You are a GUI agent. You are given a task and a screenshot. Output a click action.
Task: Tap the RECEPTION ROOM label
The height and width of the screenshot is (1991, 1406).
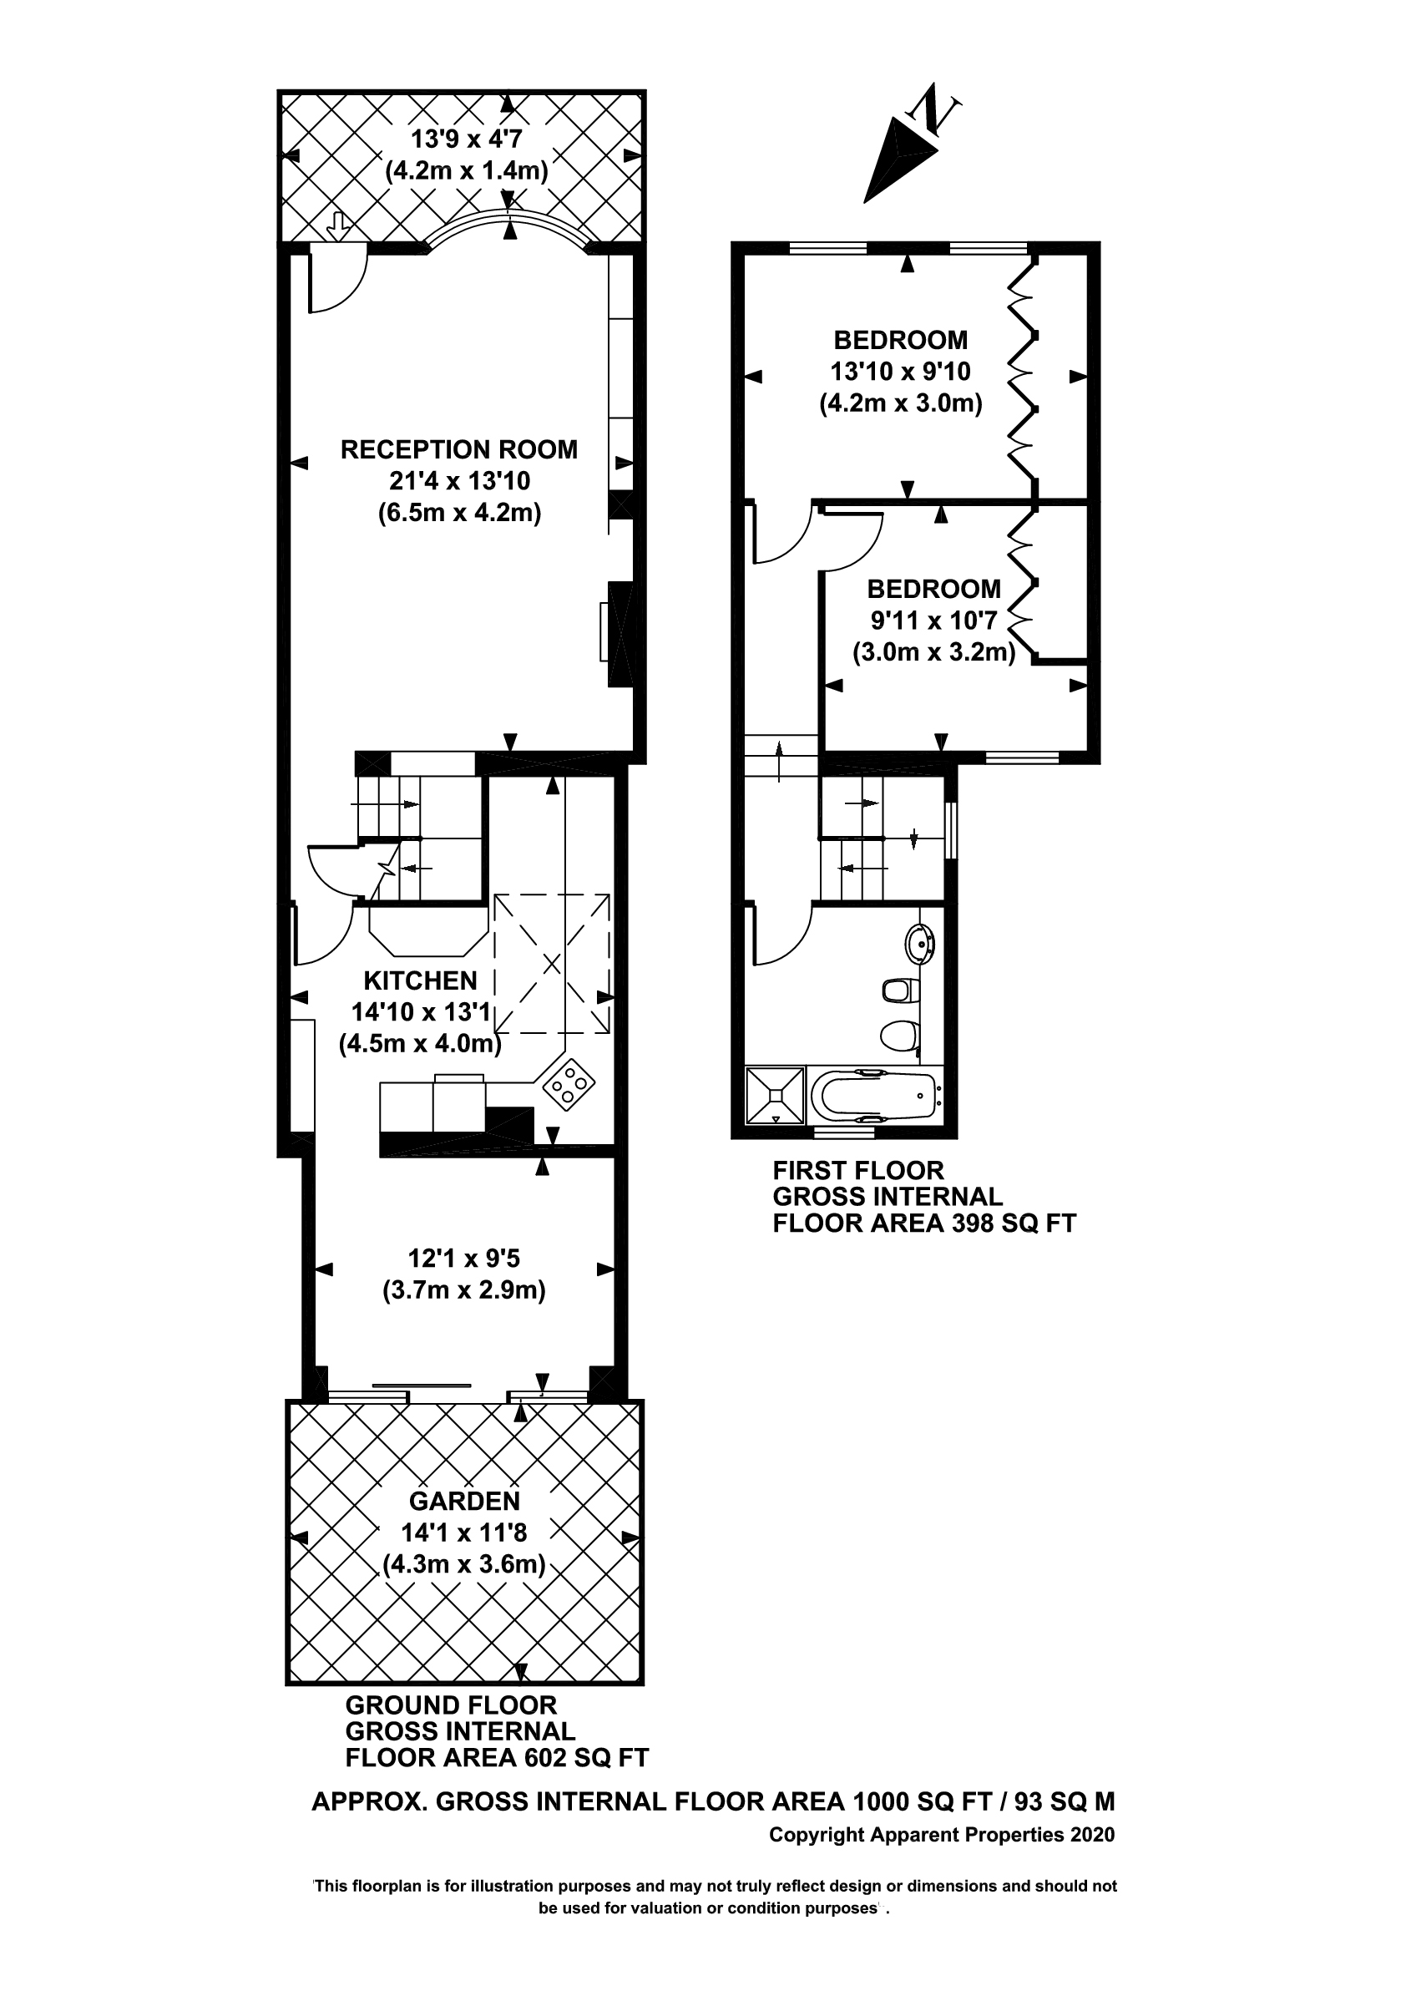[x=458, y=449]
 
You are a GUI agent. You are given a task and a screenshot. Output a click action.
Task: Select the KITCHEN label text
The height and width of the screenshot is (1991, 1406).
[x=421, y=980]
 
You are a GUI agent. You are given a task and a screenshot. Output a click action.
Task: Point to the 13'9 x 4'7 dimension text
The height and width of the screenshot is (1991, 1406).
[x=467, y=139]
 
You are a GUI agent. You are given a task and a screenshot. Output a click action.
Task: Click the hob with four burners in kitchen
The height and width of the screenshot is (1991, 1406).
[x=569, y=1083]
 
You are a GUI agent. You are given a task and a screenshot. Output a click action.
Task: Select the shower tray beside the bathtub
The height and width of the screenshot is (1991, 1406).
[x=775, y=1096]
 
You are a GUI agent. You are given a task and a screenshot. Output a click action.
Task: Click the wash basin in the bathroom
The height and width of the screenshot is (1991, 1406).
[x=920, y=944]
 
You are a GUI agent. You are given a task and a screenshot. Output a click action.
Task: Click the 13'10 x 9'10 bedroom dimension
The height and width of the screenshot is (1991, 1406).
[x=901, y=371]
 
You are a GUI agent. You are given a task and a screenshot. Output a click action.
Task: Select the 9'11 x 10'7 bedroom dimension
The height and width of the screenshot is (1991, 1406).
[x=933, y=621]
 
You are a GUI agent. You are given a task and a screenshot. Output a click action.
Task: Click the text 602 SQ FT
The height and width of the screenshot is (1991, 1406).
[x=587, y=1758]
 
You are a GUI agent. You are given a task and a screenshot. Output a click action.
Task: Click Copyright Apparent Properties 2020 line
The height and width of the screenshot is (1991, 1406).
[x=942, y=1834]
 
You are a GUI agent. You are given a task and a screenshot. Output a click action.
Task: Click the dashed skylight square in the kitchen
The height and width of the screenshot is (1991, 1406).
[x=551, y=963]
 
